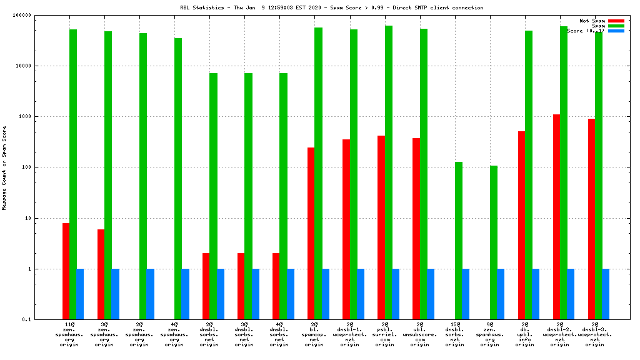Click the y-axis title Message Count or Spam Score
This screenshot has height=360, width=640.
tap(5, 167)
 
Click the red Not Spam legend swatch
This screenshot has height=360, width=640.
tap(616, 21)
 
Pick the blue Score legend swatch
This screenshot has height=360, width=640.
tap(616, 31)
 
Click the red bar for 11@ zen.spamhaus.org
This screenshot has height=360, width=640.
tap(66, 271)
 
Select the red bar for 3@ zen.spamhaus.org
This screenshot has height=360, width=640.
tap(101, 274)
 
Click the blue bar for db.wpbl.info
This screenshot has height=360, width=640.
tap(536, 294)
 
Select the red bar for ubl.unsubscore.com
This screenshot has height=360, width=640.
tap(416, 229)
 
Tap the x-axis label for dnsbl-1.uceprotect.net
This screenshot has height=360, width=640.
tap(350, 334)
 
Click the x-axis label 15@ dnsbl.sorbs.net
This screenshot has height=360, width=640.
tap(455, 334)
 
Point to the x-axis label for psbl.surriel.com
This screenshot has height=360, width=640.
tap(385, 334)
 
